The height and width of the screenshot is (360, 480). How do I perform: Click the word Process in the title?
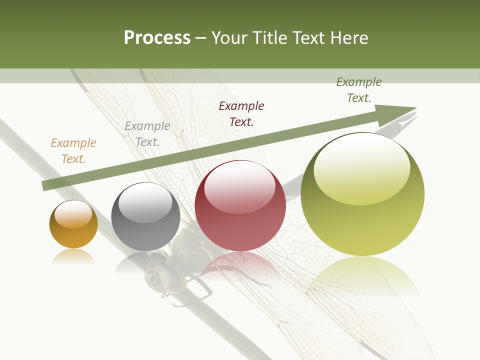coord(157,38)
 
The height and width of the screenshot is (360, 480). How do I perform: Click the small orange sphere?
coord(73,224)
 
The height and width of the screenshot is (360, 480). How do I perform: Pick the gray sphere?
coord(145,217)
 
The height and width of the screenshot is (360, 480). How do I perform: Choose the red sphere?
coord(240,206)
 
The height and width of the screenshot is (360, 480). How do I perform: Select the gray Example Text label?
coord(147,134)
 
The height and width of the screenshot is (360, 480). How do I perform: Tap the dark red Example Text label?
coord(241,113)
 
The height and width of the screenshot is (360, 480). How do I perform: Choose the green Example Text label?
coord(359,90)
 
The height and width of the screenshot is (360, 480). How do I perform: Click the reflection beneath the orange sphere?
coord(73,257)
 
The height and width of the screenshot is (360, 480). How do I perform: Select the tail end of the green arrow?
coord(46,185)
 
